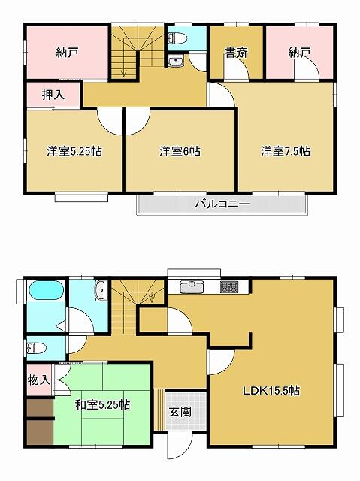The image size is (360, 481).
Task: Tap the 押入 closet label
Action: [x=53, y=95]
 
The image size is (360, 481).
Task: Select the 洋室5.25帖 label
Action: [x=74, y=151]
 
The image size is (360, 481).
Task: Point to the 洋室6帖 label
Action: [x=180, y=151]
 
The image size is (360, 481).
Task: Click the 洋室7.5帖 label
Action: [x=286, y=151]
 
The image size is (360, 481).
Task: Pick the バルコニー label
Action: [x=222, y=204]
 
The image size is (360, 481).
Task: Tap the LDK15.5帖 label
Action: [x=271, y=390]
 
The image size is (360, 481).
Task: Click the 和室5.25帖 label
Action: [x=101, y=405]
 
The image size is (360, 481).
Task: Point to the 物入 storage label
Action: [x=39, y=380]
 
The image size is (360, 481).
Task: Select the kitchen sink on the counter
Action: [x=192, y=286]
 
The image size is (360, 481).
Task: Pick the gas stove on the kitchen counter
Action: [x=228, y=286]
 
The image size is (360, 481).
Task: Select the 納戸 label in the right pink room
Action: [x=299, y=53]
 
